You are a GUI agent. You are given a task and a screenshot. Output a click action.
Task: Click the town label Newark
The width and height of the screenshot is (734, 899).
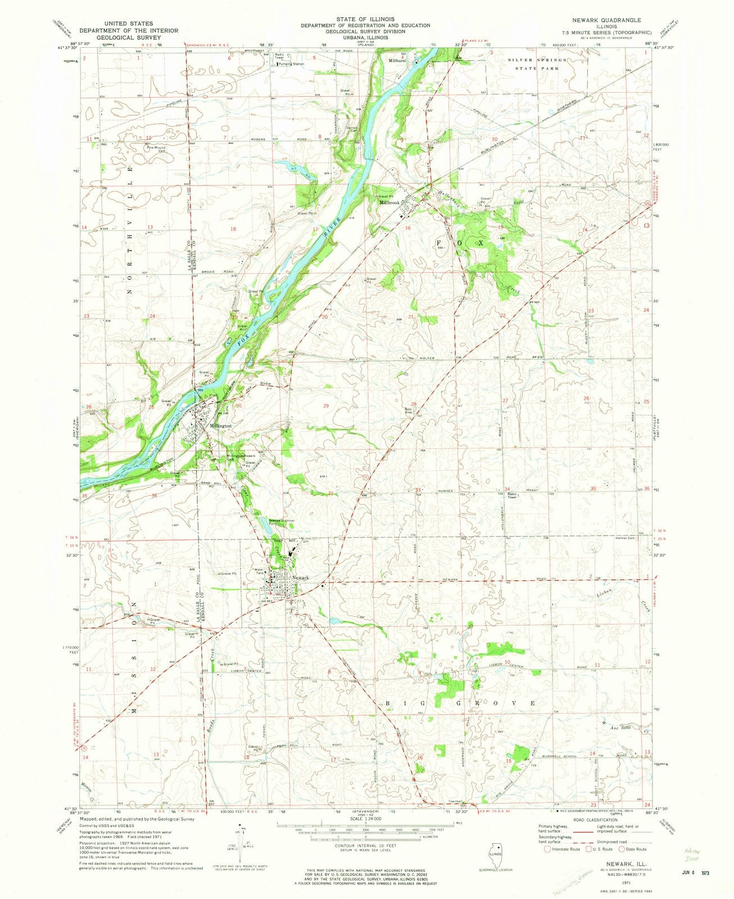point(301,578)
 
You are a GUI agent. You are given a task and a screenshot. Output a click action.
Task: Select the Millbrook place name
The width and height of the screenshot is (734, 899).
point(389,202)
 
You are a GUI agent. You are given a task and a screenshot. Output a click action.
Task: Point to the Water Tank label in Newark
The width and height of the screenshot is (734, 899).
point(259,572)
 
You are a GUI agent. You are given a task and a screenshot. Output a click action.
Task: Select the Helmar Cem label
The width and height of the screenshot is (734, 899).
point(631,538)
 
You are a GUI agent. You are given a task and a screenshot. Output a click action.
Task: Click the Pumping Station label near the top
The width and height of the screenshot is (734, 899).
point(291,64)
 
